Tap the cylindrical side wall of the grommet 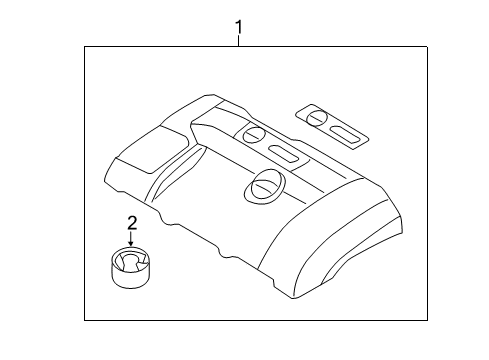(x=130, y=275)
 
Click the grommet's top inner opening (x=130, y=261)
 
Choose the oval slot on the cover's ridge (x=285, y=153)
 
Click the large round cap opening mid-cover (x=266, y=183)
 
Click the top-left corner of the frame (x=84, y=45)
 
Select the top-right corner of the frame (x=414, y=45)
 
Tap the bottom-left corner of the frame (x=84, y=320)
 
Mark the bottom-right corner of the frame (x=414, y=320)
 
